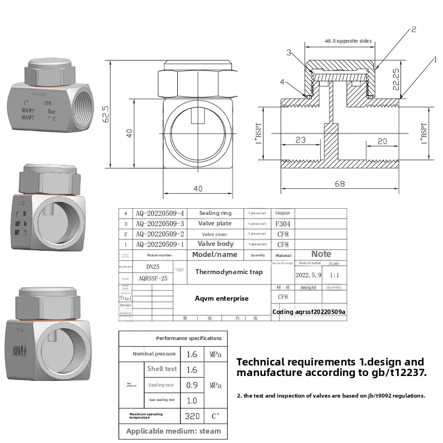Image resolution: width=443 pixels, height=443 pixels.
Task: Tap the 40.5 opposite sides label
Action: [x=348, y=41]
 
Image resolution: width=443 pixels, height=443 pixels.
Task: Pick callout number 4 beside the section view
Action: [x=282, y=82]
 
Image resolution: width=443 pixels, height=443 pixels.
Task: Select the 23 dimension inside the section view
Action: [x=300, y=140]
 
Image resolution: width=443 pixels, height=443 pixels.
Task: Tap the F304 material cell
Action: [x=283, y=224]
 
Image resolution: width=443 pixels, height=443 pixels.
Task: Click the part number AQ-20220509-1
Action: [x=159, y=244]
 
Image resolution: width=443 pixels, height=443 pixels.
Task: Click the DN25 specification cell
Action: [x=152, y=266]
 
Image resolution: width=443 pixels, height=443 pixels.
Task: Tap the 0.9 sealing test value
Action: [x=192, y=385]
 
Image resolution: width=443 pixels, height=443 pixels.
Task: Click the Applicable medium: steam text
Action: [x=173, y=431]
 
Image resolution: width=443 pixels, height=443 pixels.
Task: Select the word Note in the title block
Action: [x=321, y=254]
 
